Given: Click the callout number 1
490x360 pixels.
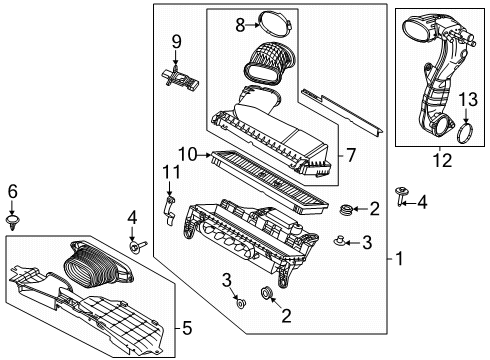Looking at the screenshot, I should (400, 258).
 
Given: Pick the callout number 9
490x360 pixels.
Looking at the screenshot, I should (176, 42).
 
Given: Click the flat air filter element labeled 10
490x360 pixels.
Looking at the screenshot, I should (270, 174).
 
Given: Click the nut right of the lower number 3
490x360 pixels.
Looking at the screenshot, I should (243, 328).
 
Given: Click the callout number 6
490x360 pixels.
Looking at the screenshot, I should (13, 190).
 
